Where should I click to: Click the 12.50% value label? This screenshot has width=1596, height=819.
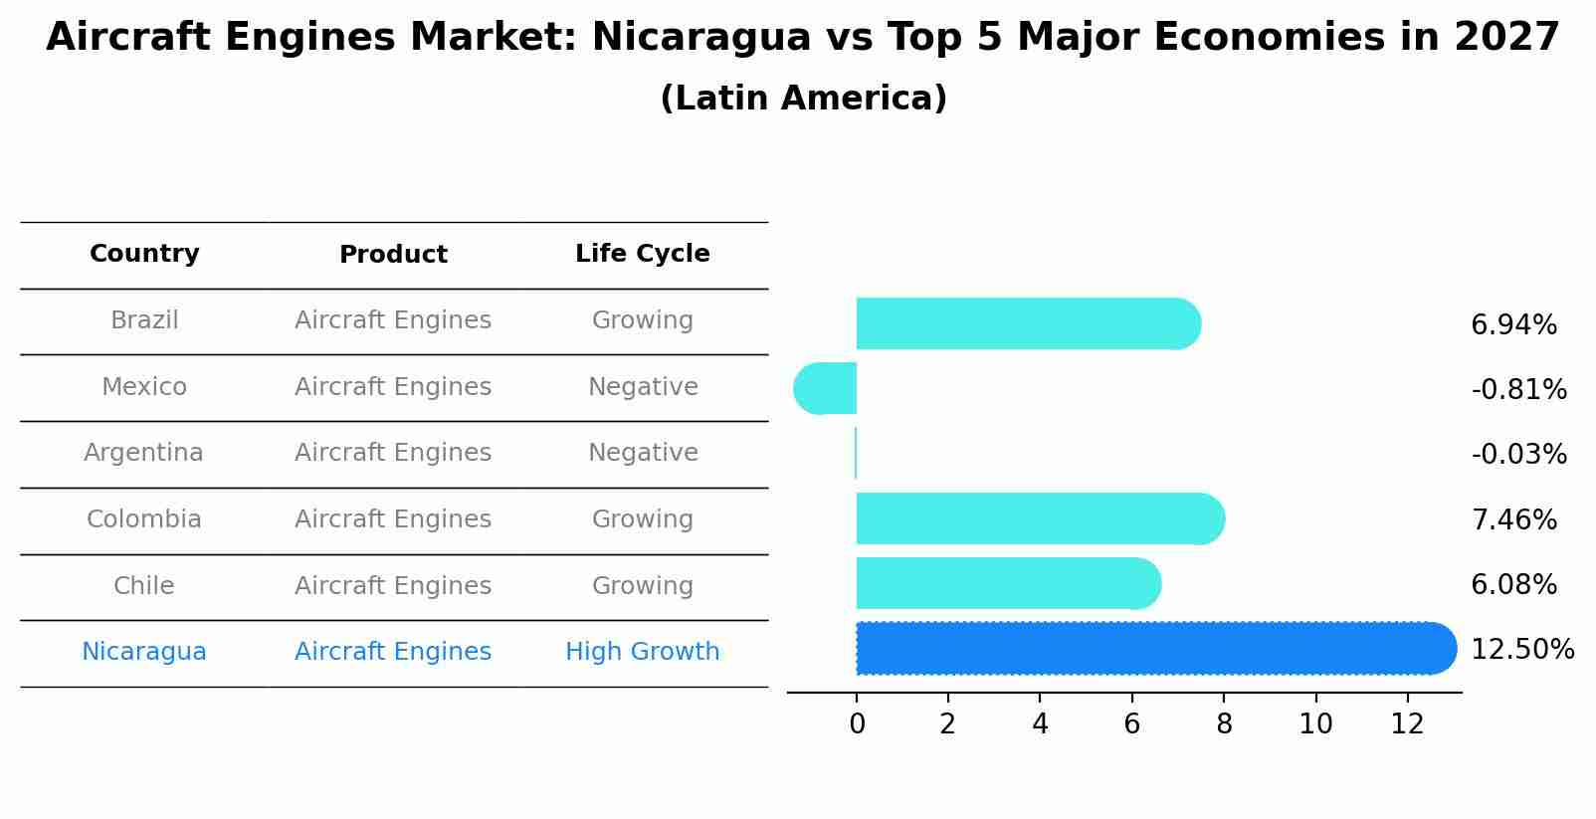[x=1521, y=650]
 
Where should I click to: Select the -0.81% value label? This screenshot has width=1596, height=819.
[x=1518, y=390]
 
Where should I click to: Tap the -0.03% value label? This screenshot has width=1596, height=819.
[x=1518, y=455]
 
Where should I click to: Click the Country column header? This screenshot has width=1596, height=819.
[x=144, y=254]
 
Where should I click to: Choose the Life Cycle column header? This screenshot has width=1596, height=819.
[x=642, y=254]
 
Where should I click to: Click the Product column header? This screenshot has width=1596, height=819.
[x=393, y=255]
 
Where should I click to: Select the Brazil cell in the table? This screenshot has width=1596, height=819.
[x=144, y=320]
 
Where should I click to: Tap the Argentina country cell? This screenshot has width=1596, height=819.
[x=143, y=453]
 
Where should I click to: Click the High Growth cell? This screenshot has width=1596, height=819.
[x=642, y=652]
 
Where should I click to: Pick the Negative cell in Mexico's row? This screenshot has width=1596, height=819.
[x=643, y=387]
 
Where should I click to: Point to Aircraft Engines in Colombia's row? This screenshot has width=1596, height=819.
[x=393, y=519]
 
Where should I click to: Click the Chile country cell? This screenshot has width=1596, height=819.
[x=144, y=586]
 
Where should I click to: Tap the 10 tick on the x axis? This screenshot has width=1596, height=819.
[x=1315, y=724]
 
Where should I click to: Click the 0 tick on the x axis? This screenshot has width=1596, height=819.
[x=857, y=724]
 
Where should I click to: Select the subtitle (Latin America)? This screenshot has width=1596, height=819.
[x=803, y=99]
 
